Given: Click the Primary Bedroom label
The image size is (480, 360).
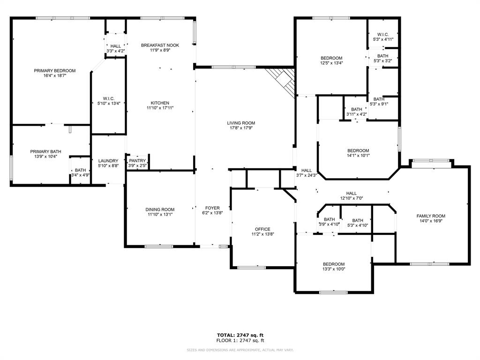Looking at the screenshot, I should (x=54, y=71).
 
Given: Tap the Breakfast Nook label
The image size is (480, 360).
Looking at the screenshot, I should (x=160, y=45).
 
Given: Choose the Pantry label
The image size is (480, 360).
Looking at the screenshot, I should (x=137, y=160).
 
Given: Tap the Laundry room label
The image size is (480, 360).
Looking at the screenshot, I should (x=108, y=161).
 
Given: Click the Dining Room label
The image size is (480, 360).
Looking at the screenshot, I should (x=160, y=210).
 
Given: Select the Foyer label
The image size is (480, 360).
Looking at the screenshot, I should (x=212, y=208).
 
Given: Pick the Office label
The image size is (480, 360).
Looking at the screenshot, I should (x=262, y=229).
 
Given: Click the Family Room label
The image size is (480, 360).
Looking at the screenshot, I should (x=430, y=216).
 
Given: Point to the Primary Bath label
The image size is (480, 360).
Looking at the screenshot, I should (x=45, y=151).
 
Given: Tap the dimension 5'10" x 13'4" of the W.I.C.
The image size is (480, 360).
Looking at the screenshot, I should (x=109, y=104).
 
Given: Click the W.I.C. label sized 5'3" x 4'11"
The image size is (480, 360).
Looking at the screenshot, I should (x=383, y=34).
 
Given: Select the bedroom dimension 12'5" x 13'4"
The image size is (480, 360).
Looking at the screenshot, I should (x=331, y=63).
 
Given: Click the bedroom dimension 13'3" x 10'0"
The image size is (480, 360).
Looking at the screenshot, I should (x=333, y=269).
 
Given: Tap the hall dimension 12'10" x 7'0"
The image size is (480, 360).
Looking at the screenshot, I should (x=351, y=198).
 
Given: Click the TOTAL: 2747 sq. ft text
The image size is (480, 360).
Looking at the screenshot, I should (x=240, y=335).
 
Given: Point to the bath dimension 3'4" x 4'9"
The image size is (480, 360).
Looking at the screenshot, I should (x=80, y=175).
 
